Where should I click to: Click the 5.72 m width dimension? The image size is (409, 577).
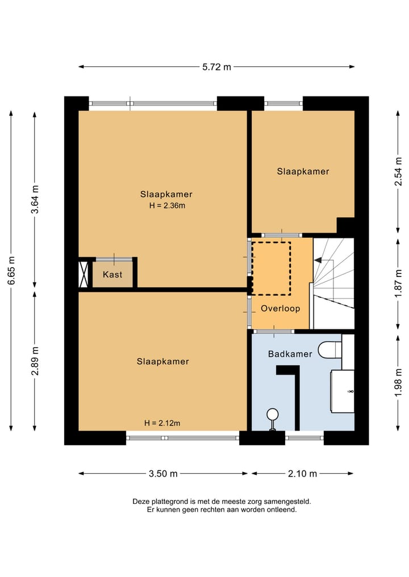(x=216, y=67)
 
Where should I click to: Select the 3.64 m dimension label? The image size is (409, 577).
(x=35, y=200)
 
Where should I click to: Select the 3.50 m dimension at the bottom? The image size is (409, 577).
(x=163, y=474)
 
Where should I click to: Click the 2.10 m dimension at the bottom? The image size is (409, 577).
(x=302, y=474)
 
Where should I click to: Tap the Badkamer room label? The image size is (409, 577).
(x=290, y=354)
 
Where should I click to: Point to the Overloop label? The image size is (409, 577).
(x=280, y=309)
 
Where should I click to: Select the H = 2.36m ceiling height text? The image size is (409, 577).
(x=166, y=205)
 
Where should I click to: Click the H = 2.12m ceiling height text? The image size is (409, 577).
(x=162, y=423)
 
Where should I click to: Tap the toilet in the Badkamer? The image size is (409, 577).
(x=329, y=349)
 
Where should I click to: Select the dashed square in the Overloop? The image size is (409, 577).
(x=271, y=268)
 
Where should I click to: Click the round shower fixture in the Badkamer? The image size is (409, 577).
(x=273, y=415)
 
